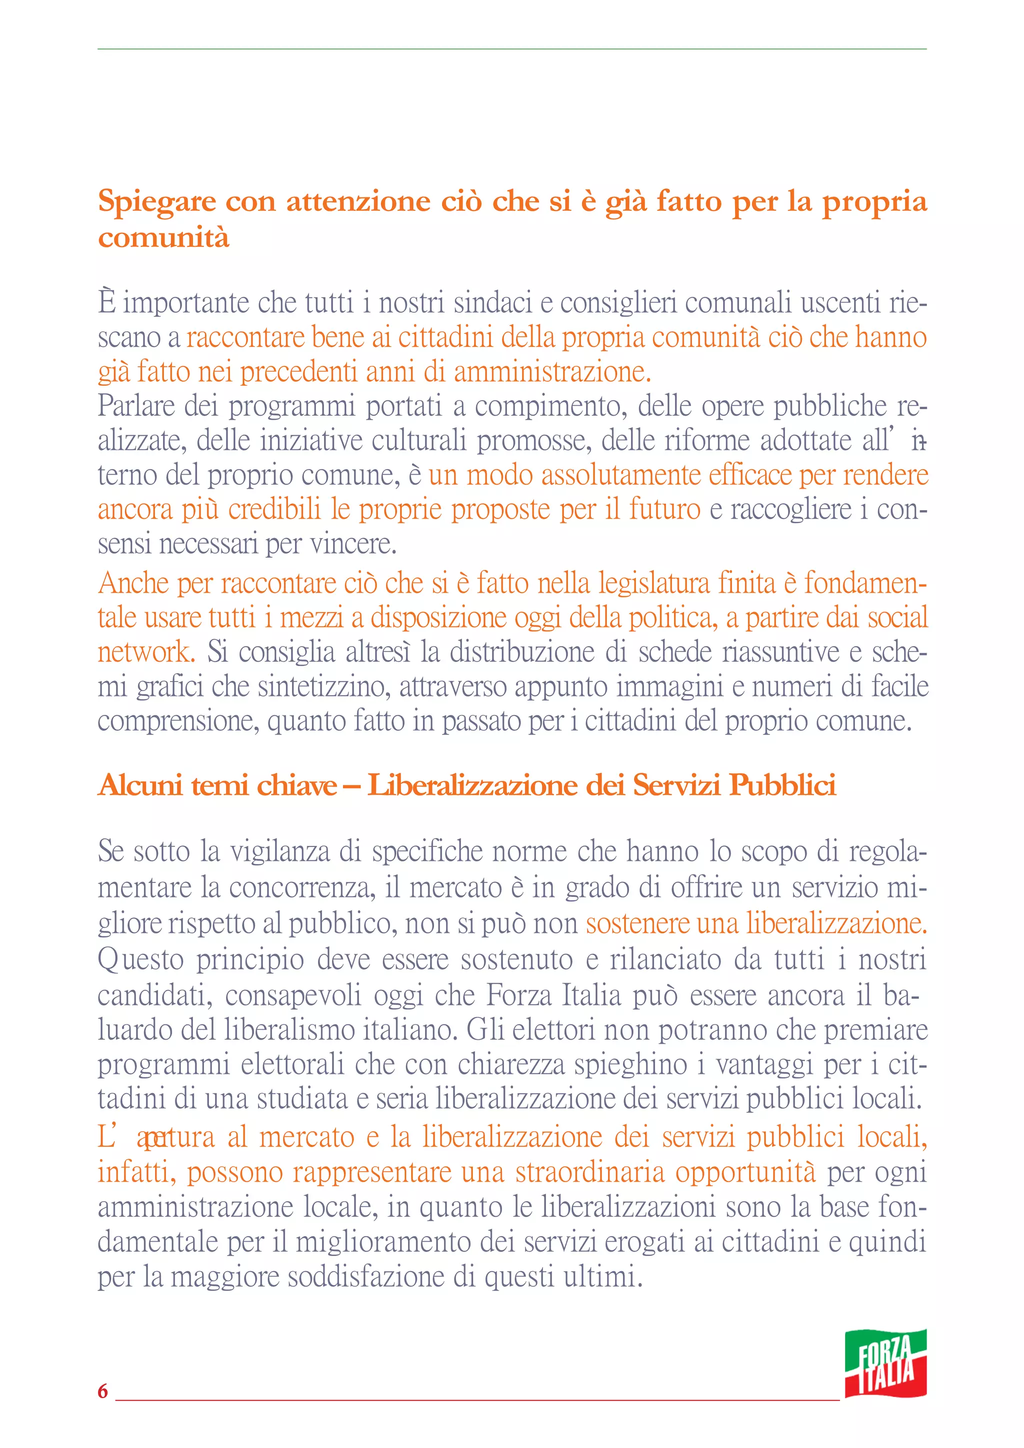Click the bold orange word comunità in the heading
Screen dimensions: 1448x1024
point(163,238)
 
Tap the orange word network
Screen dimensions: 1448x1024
point(145,652)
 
